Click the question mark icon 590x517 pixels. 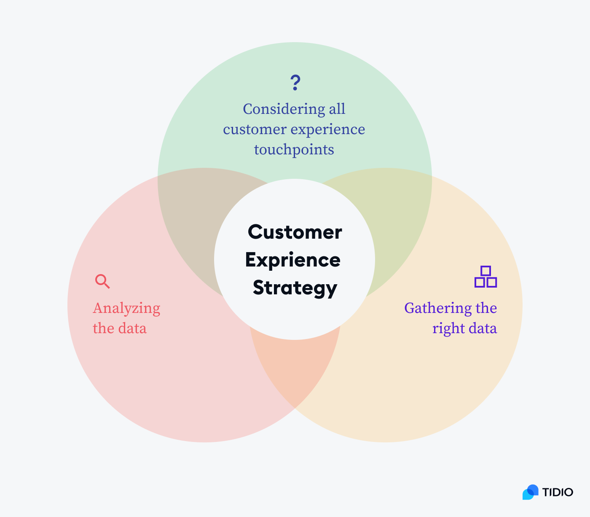(295, 83)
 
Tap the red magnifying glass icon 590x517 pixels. (102, 281)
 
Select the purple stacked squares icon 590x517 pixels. (485, 277)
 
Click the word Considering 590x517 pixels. (277, 109)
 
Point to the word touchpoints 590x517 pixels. (294, 149)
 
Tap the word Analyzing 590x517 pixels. (126, 308)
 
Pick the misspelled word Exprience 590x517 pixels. (293, 260)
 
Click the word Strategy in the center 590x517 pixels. (295, 288)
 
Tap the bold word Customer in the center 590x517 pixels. (295, 232)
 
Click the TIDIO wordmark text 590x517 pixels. (558, 492)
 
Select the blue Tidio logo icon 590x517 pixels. (531, 492)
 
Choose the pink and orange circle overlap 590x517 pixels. (295, 371)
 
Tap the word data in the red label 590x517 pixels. (133, 329)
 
